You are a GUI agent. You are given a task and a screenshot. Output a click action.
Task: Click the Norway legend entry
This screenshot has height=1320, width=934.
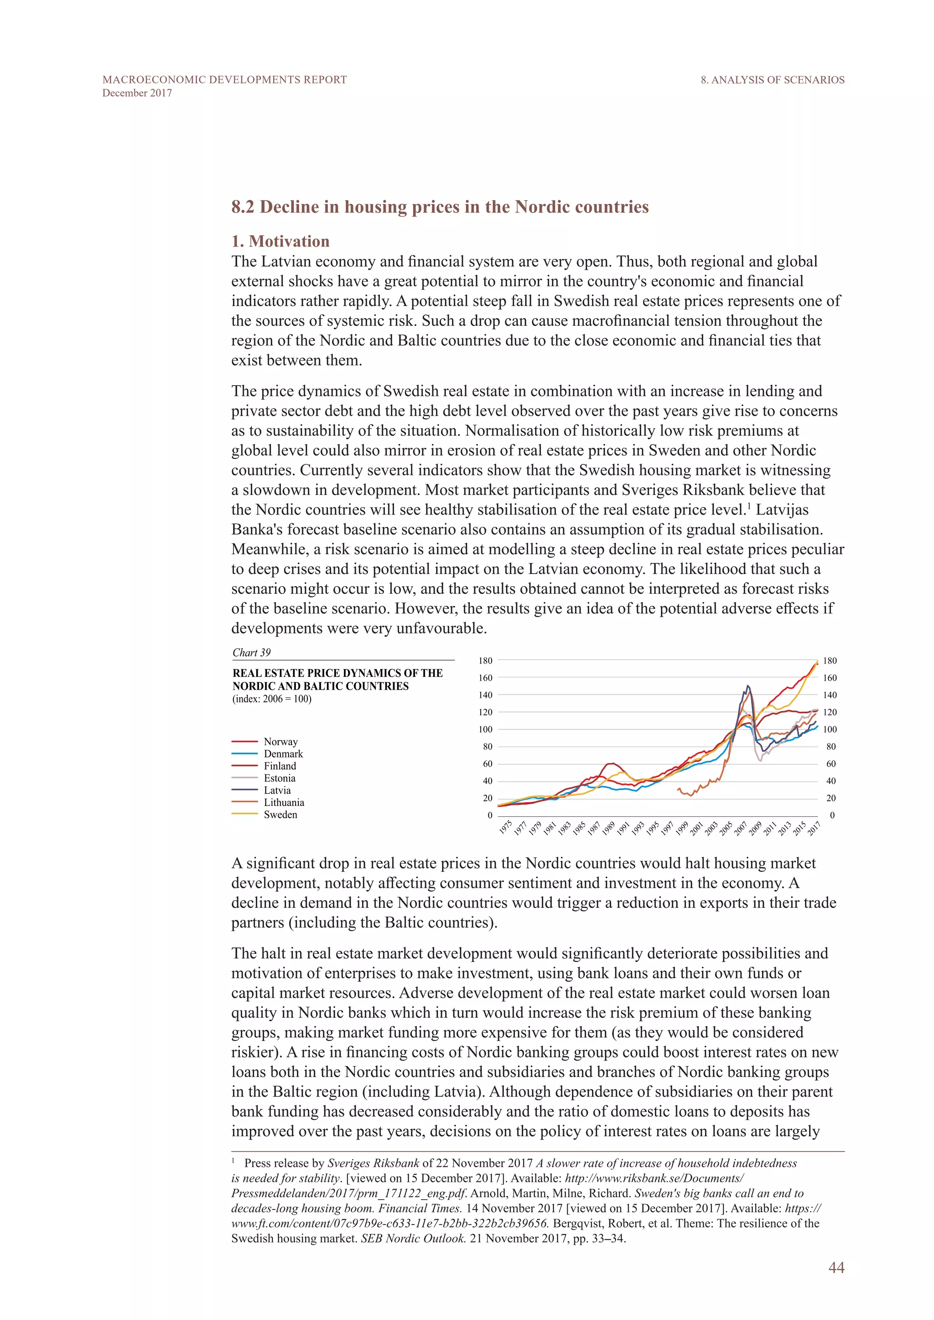(x=280, y=742)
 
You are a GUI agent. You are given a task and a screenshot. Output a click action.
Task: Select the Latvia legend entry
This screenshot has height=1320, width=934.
(x=277, y=790)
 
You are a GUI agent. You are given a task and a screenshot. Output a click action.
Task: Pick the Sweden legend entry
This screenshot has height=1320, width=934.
(x=280, y=815)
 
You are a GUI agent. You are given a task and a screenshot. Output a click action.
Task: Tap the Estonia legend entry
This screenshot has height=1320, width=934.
(x=279, y=778)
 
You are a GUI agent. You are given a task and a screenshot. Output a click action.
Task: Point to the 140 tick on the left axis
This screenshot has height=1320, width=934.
(x=485, y=695)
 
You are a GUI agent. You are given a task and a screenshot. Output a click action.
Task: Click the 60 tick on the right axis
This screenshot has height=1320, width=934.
(x=830, y=764)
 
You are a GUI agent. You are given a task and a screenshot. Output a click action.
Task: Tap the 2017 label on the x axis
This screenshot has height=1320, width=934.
(x=814, y=829)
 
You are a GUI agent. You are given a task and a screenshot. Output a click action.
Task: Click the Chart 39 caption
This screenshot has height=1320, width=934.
(x=251, y=653)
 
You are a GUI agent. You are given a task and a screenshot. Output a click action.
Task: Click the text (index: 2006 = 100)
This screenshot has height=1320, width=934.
(x=271, y=699)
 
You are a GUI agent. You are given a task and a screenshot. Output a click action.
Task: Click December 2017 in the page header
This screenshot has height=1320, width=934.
(x=137, y=93)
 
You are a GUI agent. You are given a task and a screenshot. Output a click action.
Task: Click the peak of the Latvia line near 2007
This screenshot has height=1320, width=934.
(x=747, y=686)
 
